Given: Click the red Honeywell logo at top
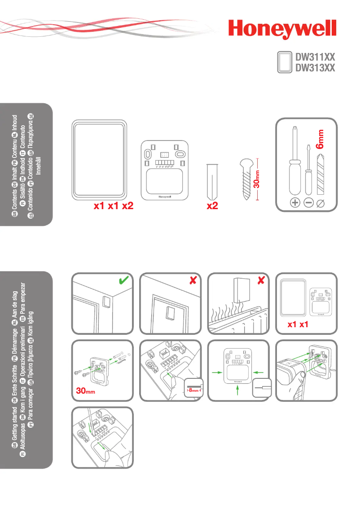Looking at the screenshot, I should [282, 29].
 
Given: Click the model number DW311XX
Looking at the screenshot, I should [315, 57].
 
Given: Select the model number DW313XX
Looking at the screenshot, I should [315, 68].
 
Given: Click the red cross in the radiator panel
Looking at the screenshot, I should [260, 281].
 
